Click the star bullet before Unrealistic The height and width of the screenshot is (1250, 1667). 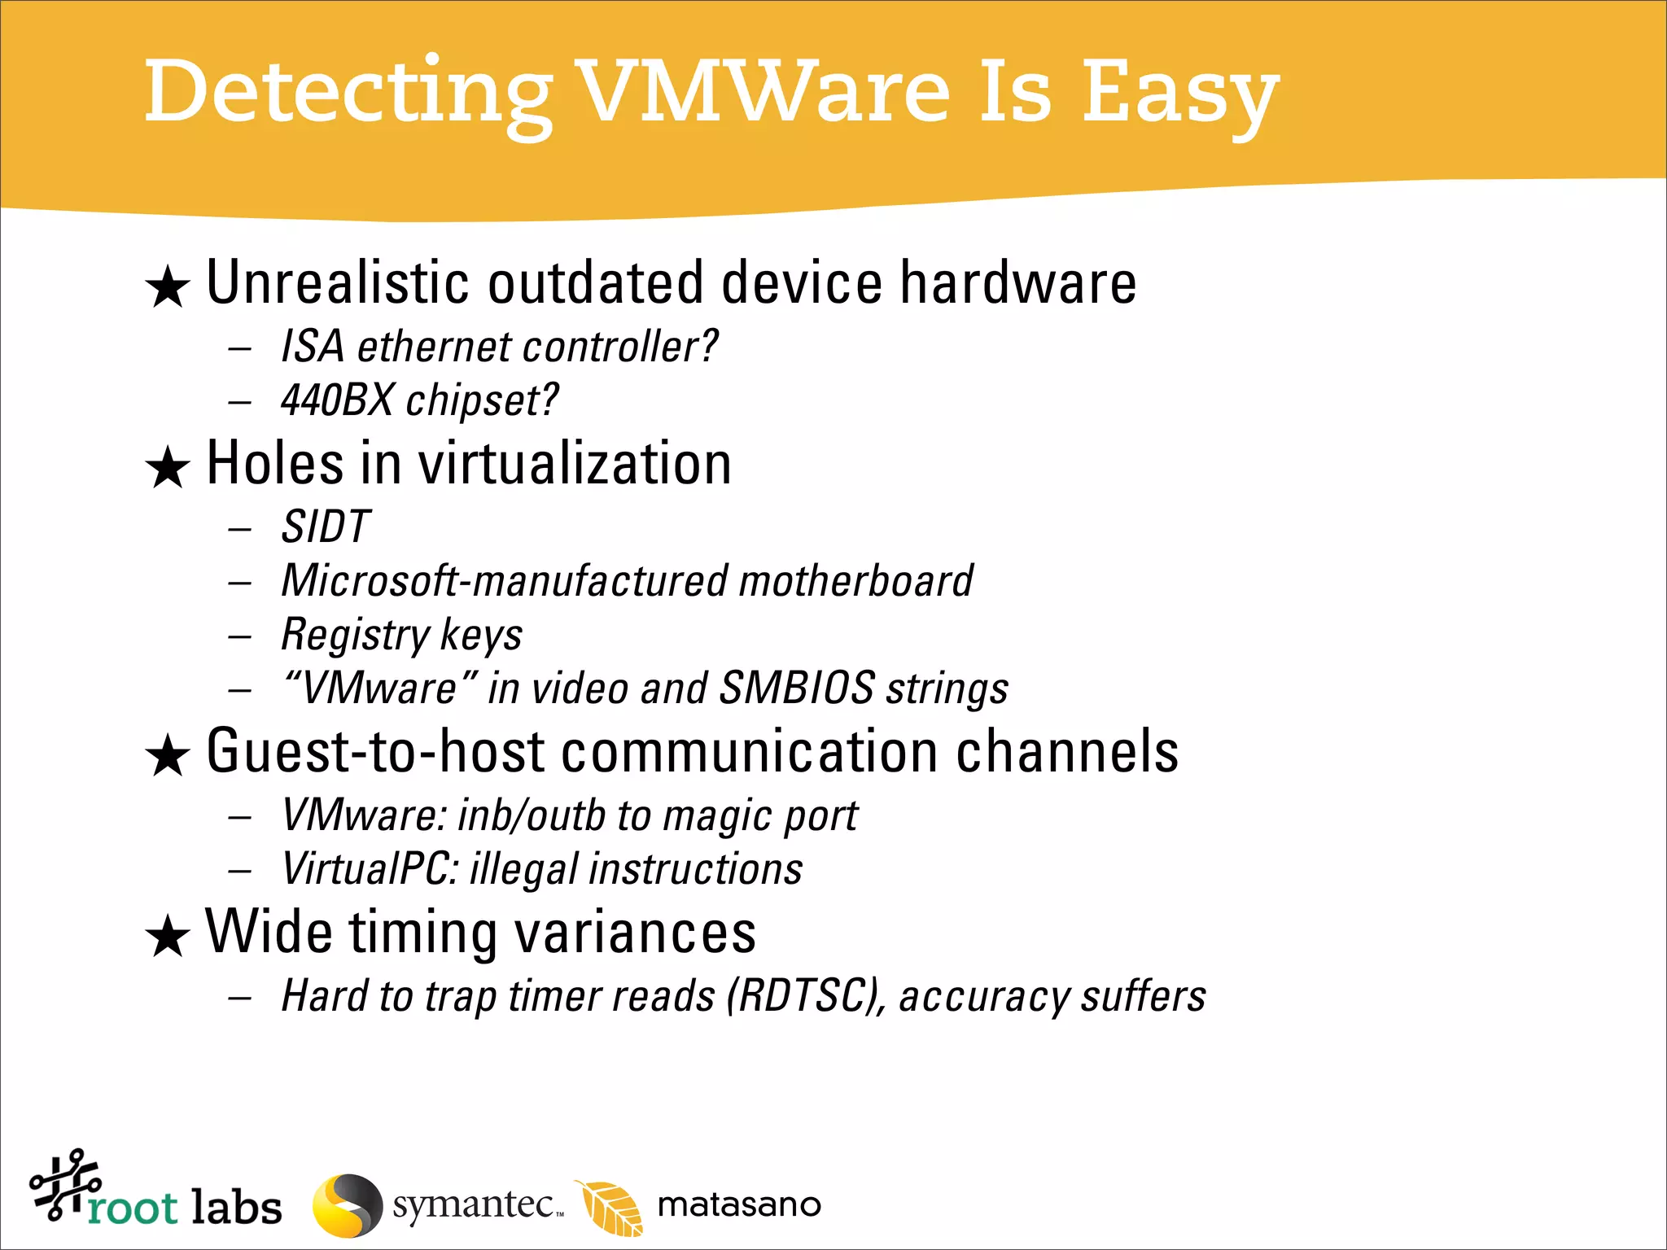coord(168,287)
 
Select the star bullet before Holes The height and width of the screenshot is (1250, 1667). coord(168,468)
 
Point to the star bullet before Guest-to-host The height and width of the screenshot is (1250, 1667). coord(168,755)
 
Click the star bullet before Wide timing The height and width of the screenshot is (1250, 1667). coord(168,936)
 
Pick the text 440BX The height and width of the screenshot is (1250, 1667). coord(337,400)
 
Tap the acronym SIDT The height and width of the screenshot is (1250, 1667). coord(326,527)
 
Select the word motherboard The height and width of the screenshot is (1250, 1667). coord(855,581)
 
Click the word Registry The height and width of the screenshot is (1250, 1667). coord(355,636)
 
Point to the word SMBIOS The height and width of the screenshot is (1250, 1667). coord(797,688)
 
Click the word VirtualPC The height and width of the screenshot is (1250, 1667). coord(370,869)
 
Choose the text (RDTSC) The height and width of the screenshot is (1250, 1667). coord(806,996)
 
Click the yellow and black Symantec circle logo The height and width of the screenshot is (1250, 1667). coord(348,1205)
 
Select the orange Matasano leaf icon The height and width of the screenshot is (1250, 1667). coord(610,1207)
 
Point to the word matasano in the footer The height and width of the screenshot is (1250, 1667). coord(739,1205)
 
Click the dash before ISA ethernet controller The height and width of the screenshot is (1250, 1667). coord(239,349)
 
